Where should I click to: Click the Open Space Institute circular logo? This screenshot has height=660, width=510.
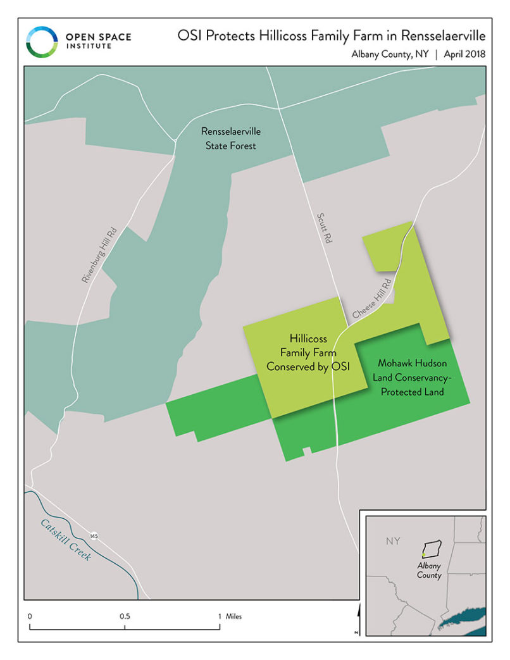42,41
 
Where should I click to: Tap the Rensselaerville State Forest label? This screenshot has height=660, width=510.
230,139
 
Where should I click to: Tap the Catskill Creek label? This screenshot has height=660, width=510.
66,540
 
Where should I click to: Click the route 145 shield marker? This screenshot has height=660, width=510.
94,535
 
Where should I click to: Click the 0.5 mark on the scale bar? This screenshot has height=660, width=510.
125,616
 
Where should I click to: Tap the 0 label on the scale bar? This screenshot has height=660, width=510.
30,616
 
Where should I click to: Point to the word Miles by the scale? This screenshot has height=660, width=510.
233,616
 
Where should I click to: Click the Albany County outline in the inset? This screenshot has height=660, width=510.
432,547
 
